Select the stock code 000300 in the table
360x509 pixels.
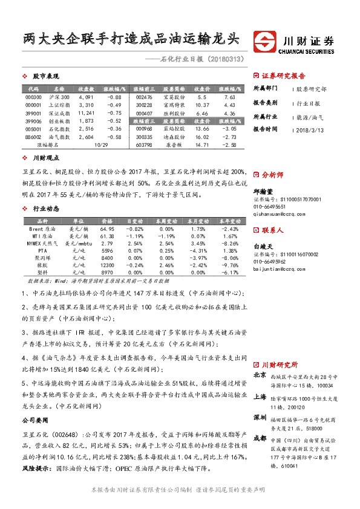(34, 97)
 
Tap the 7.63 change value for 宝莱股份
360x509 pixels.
(229, 97)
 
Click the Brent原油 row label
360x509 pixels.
(42, 229)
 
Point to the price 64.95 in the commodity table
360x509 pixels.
(107, 229)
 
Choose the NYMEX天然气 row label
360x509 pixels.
(42, 242)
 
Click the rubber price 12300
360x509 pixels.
(107, 265)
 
